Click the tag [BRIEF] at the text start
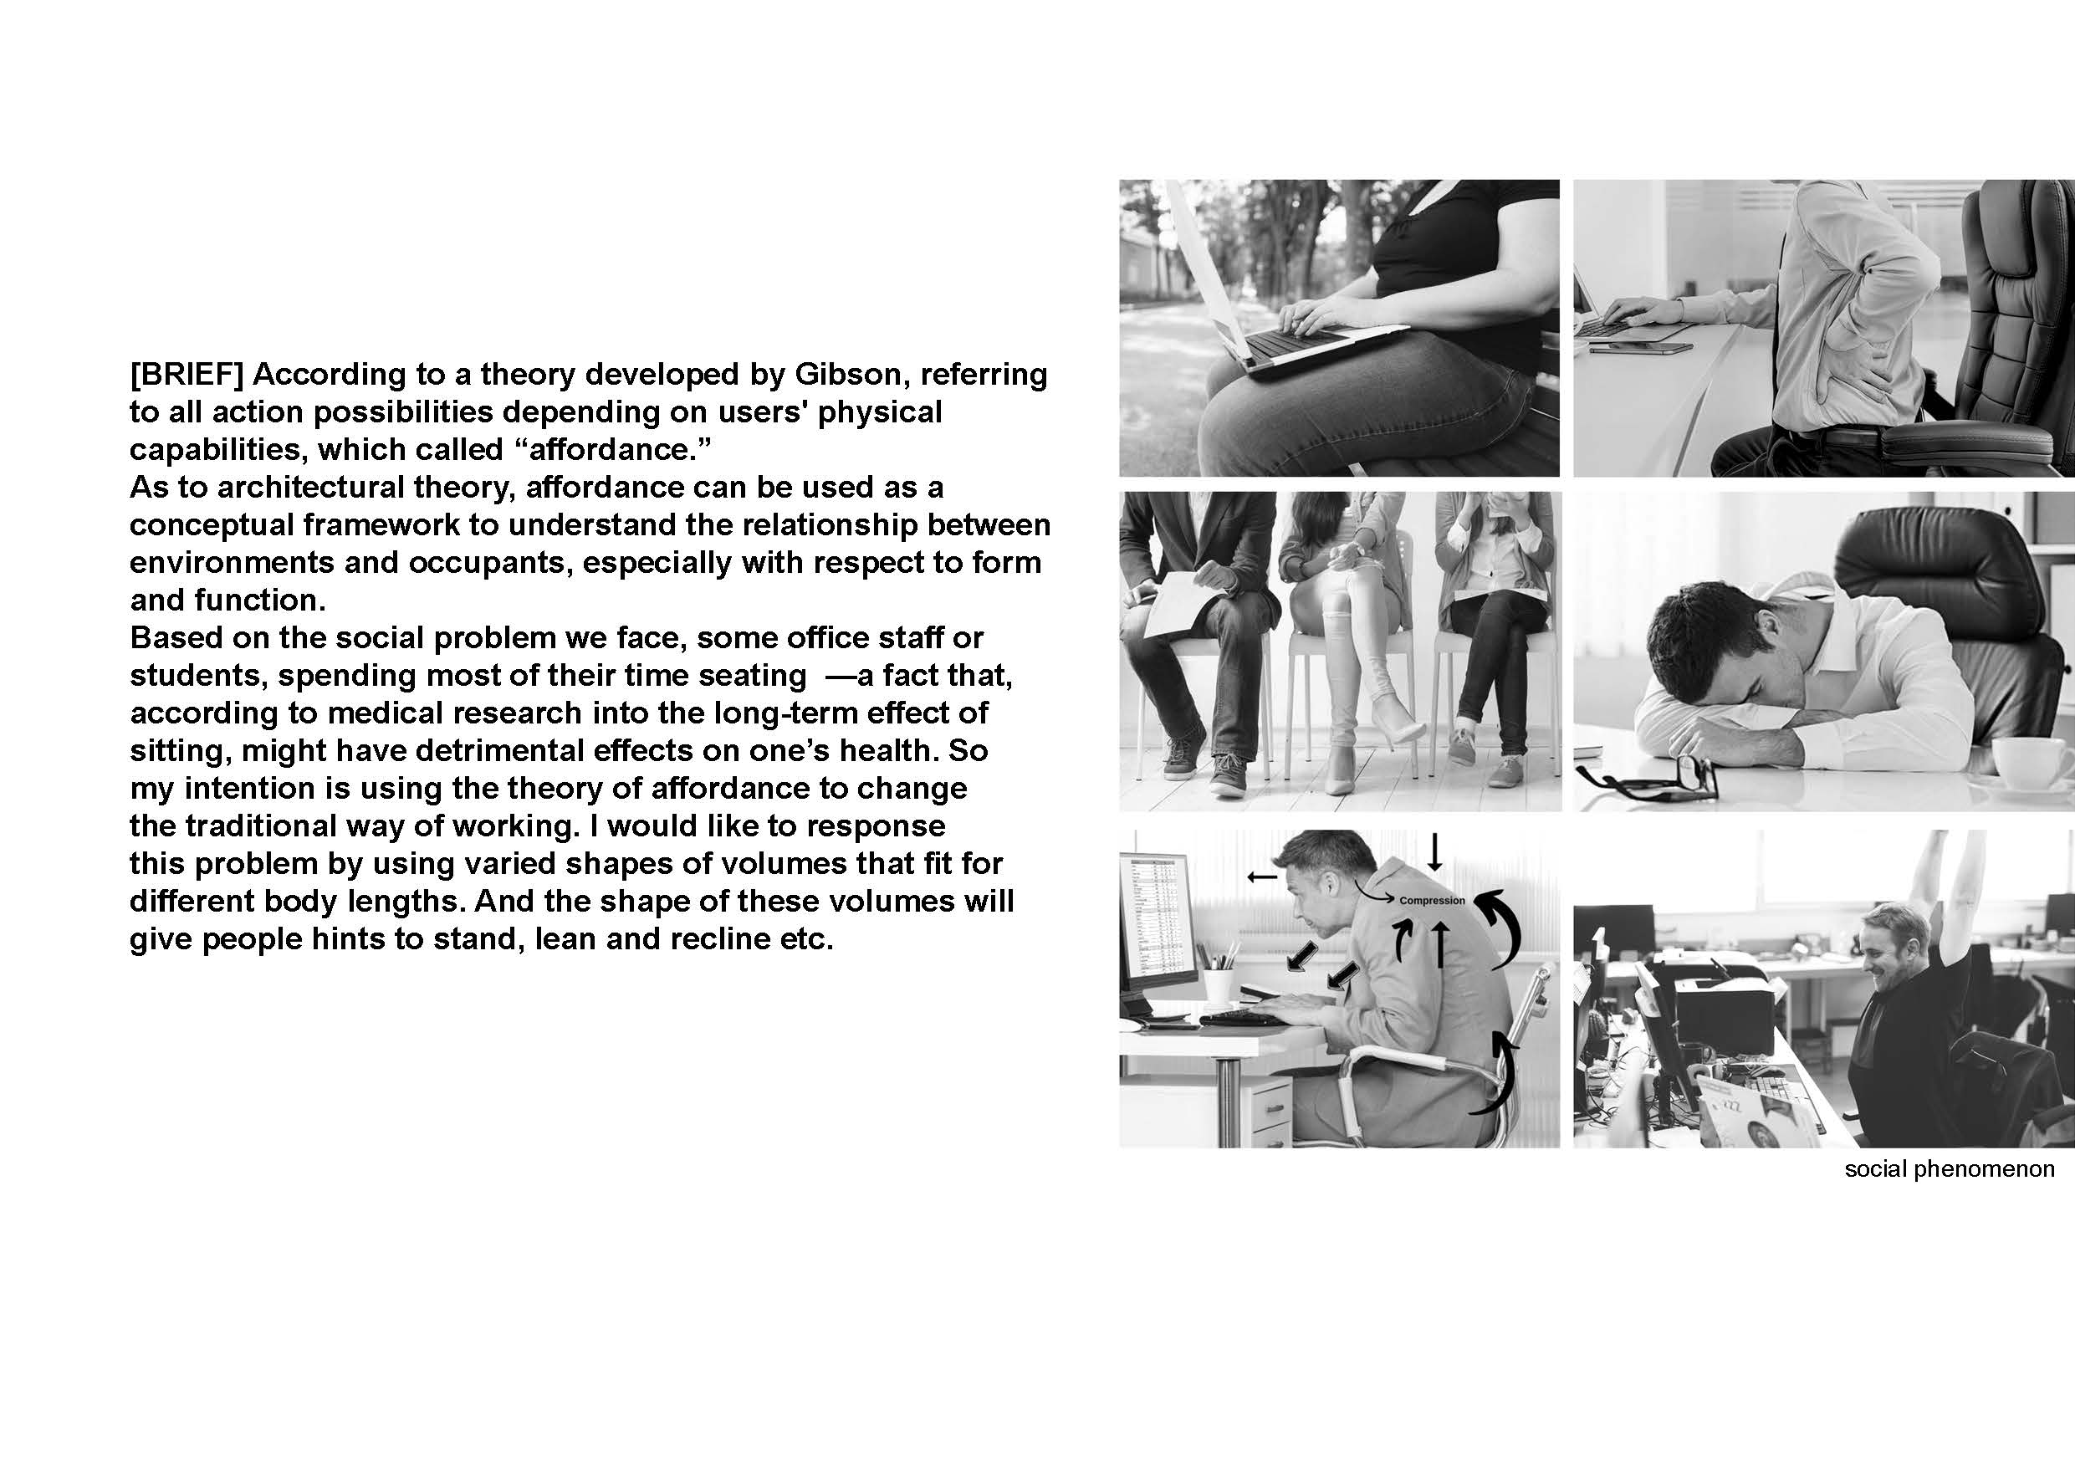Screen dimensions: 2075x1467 (x=187, y=374)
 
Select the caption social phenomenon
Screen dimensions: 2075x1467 (x=1950, y=1169)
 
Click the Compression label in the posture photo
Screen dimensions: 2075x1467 (x=1432, y=901)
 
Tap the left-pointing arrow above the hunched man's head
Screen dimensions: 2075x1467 (x=1263, y=876)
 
